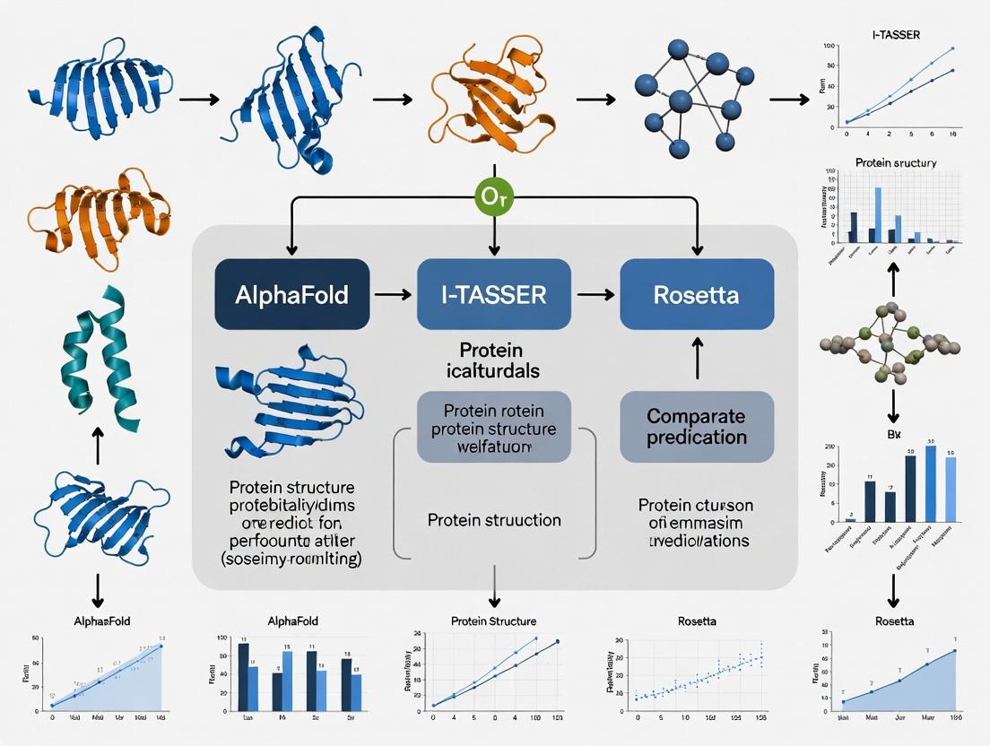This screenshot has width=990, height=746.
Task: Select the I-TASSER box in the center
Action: click(x=494, y=293)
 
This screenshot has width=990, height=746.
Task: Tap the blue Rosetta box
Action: click(x=697, y=293)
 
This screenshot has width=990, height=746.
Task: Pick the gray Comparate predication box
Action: click(x=697, y=427)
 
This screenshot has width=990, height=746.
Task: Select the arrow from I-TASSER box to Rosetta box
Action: click(x=595, y=293)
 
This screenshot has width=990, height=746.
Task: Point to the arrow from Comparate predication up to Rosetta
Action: click(x=697, y=359)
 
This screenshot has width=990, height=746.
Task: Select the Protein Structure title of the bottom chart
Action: click(x=493, y=620)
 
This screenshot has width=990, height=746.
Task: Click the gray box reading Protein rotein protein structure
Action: click(x=493, y=427)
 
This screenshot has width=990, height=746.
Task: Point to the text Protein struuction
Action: click(x=494, y=520)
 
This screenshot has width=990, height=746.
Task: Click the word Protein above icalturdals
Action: click(x=491, y=350)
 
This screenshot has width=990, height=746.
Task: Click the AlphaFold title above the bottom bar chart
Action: click(x=292, y=620)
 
